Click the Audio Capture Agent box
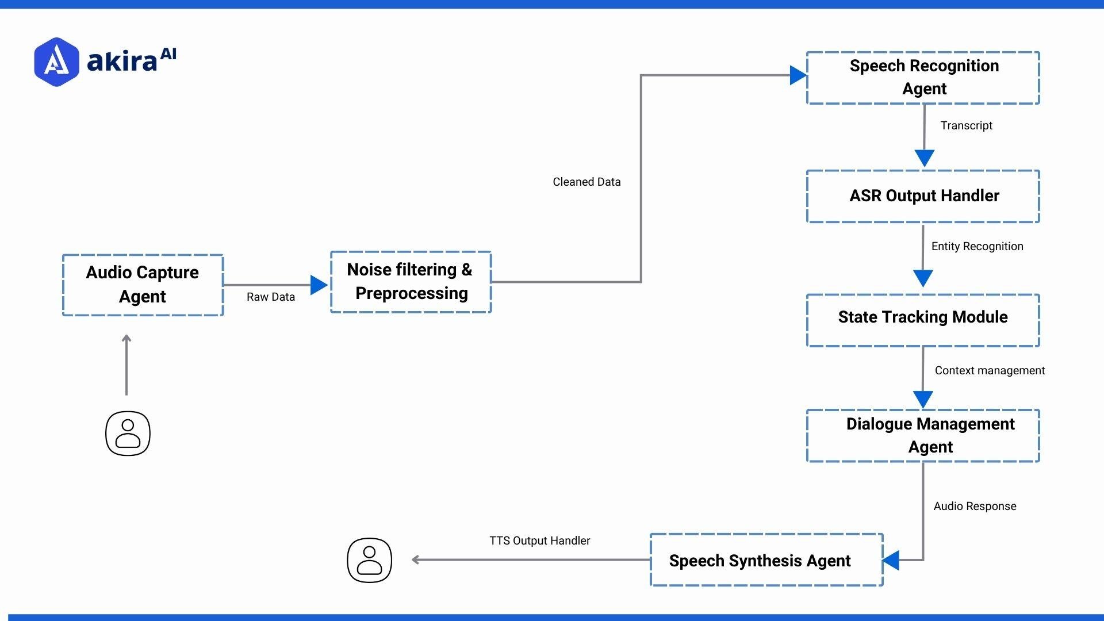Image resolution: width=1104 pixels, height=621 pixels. click(143, 285)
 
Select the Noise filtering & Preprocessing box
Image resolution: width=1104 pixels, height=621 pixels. click(411, 282)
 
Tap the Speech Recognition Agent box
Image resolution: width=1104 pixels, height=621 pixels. click(923, 78)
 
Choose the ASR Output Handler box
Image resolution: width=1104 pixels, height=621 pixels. click(923, 196)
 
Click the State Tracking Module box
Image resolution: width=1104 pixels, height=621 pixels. click(923, 320)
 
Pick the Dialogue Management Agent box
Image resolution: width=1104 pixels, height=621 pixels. click(923, 436)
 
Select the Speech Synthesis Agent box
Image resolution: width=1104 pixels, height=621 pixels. click(766, 560)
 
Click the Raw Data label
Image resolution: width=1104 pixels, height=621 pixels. click(270, 297)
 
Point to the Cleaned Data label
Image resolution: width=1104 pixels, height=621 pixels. click(586, 182)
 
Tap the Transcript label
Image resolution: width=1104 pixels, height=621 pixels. click(966, 125)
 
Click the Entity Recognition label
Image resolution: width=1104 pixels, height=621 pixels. click(977, 246)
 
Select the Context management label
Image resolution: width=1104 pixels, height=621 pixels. click(990, 370)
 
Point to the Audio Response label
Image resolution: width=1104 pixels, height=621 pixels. click(975, 506)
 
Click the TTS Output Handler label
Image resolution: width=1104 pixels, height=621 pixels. click(539, 540)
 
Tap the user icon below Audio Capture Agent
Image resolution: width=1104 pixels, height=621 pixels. click(128, 434)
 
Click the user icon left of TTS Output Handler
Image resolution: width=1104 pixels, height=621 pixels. click(369, 560)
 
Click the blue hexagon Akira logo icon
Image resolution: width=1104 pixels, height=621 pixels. click(56, 62)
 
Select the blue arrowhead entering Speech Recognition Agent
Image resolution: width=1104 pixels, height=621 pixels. click(798, 75)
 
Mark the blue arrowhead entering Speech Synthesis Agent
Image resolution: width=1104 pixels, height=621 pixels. click(891, 560)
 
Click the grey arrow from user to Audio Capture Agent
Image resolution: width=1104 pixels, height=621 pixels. click(126, 365)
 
